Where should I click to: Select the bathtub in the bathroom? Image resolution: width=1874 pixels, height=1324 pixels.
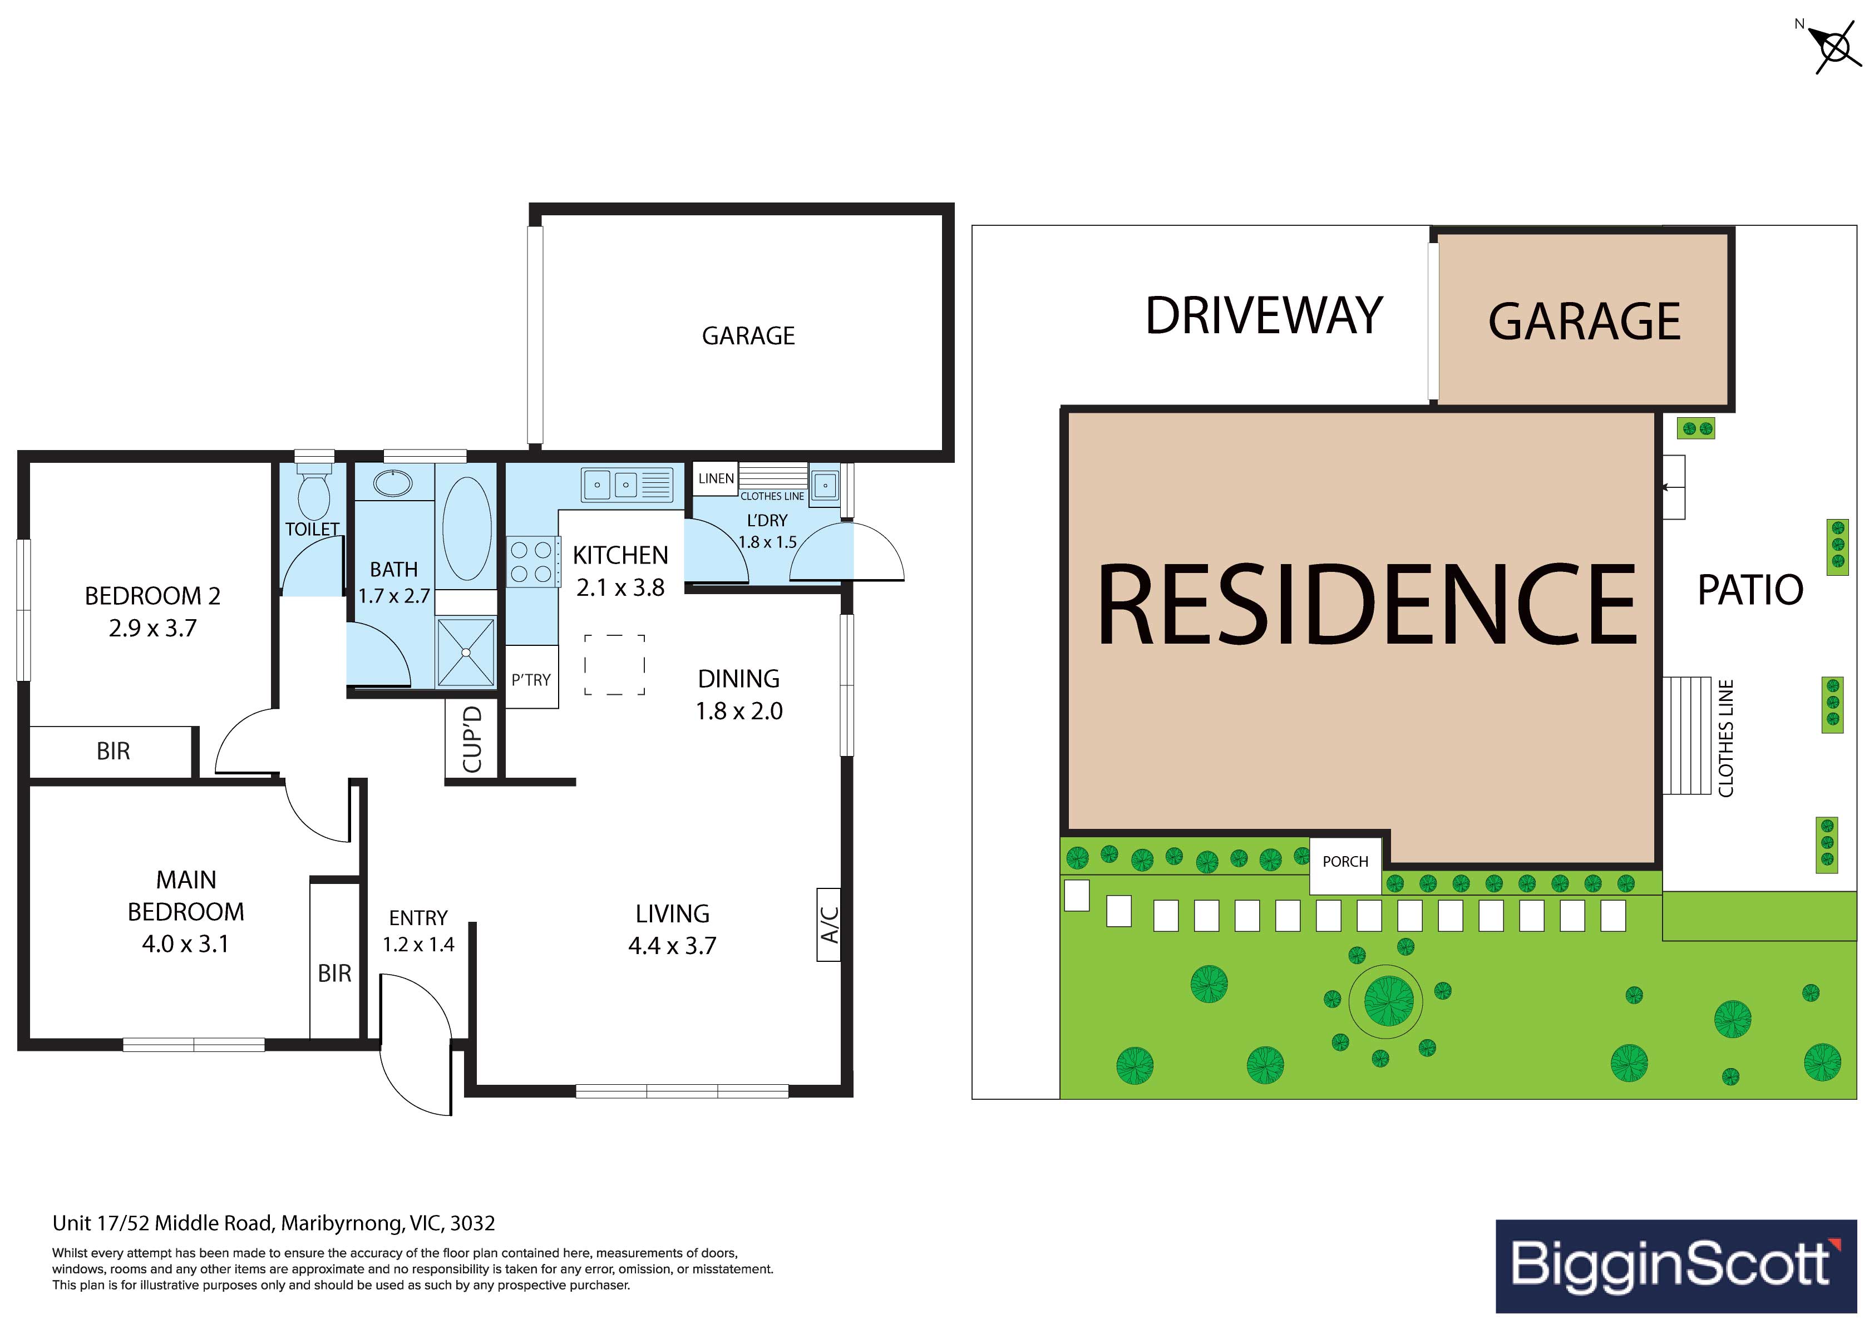[466, 528]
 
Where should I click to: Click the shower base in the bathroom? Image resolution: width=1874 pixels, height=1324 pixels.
[466, 652]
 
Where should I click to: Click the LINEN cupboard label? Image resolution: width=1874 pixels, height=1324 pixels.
[716, 478]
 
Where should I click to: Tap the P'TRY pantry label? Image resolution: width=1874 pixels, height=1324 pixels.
[531, 680]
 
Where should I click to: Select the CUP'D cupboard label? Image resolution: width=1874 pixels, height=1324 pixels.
[472, 739]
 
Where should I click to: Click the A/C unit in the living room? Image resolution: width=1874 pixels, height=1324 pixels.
[829, 925]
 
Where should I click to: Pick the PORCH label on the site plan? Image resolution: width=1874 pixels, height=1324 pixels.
[1345, 861]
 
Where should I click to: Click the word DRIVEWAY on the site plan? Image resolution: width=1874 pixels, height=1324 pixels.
[1264, 316]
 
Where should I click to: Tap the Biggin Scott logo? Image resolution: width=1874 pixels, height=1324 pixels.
[1675, 1266]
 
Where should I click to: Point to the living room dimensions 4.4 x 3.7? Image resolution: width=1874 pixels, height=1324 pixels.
[673, 946]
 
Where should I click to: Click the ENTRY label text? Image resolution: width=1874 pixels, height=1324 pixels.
[419, 918]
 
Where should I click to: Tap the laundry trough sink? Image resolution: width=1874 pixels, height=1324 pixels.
[825, 486]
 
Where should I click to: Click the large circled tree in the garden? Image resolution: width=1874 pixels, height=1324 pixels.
[1385, 1001]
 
